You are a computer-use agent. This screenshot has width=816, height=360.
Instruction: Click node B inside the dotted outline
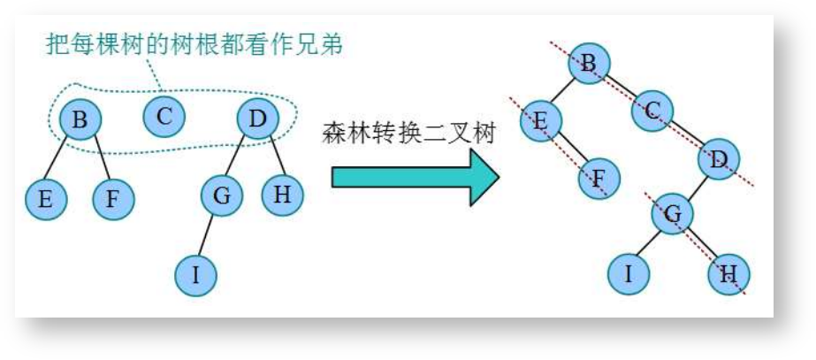(80, 119)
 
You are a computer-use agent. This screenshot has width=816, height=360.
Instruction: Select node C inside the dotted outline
(164, 116)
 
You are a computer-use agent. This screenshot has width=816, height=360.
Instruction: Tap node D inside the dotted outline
(257, 119)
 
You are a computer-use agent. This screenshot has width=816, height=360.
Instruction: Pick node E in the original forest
(45, 199)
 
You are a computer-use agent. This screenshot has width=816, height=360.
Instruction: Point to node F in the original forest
(112, 199)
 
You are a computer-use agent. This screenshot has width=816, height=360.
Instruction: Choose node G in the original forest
(222, 195)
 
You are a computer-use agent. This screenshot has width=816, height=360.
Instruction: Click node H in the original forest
(283, 195)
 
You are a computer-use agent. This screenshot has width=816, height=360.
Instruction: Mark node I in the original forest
(195, 275)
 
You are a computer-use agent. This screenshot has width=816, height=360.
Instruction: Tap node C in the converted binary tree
(653, 111)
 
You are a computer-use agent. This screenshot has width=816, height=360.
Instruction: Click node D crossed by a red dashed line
(718, 160)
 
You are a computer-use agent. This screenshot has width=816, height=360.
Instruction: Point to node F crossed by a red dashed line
(599, 180)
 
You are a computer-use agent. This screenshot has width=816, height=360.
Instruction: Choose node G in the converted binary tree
(673, 214)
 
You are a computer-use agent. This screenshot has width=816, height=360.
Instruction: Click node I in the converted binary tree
(629, 273)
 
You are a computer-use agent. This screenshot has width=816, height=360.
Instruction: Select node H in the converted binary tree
(729, 273)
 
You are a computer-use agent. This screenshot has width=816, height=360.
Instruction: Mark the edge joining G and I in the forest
(209, 235)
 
